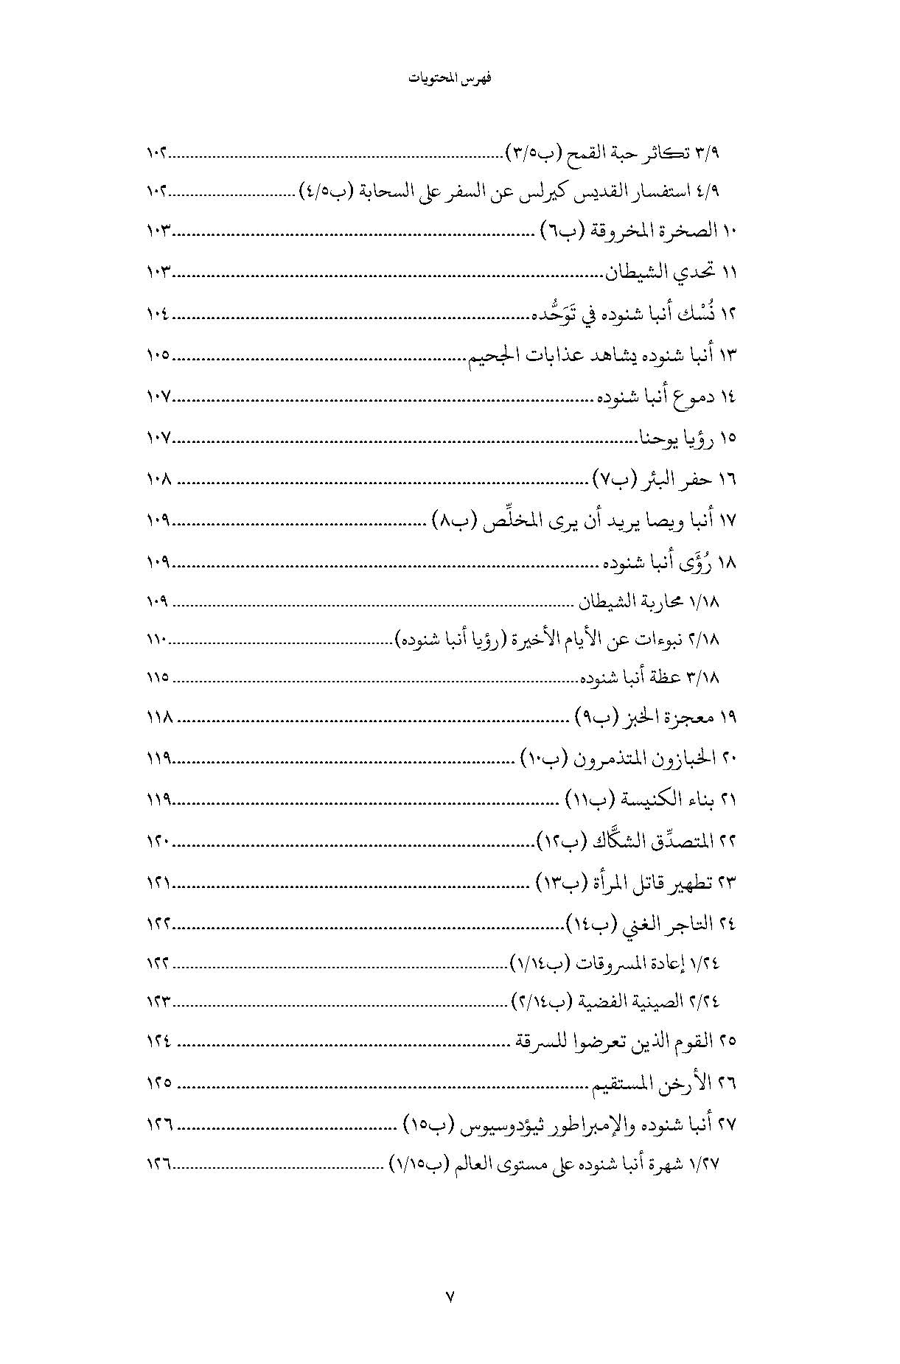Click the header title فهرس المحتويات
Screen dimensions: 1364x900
tap(450, 79)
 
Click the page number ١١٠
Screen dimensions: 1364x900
tap(157, 640)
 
